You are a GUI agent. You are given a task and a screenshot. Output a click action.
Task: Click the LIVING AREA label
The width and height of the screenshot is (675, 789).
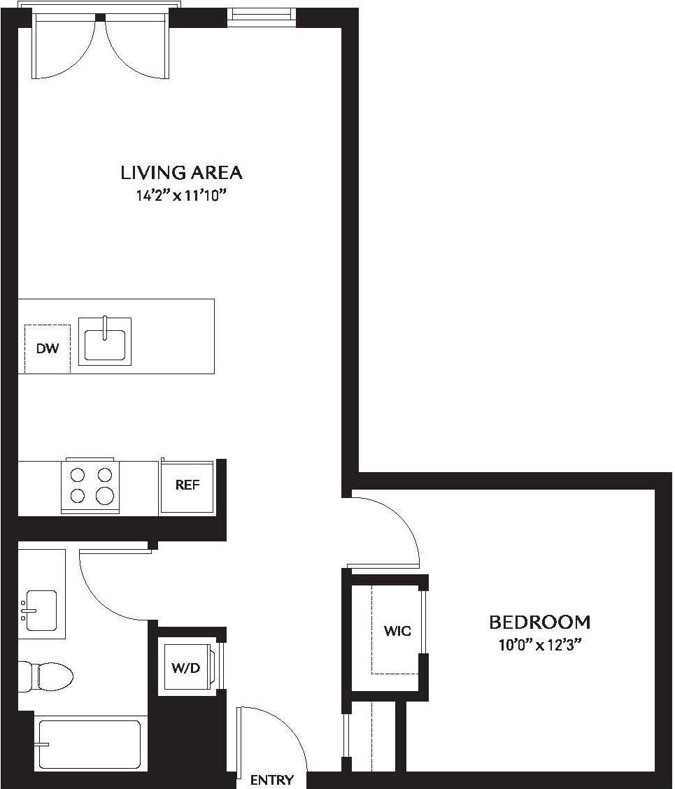(182, 172)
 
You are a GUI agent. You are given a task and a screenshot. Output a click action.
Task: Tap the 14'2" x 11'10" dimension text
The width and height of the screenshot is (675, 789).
(182, 197)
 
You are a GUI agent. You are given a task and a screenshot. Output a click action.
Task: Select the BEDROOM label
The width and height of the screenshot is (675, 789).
(539, 622)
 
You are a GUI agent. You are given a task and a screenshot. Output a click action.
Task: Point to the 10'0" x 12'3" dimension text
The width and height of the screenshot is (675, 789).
(539, 645)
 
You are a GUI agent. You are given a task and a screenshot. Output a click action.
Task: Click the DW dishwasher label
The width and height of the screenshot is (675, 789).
(47, 348)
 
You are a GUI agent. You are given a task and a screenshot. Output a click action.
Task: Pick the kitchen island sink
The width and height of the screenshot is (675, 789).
(105, 341)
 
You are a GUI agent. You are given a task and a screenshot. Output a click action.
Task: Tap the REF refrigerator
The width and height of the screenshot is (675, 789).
(187, 485)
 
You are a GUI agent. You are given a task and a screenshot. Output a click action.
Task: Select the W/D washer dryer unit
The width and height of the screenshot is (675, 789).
(185, 668)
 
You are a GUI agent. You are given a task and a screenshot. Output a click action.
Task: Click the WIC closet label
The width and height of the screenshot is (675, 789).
(397, 630)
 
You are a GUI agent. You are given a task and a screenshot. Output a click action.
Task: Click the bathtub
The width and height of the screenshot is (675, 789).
(89, 744)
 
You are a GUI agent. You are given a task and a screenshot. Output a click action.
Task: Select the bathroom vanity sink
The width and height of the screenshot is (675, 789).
(40, 610)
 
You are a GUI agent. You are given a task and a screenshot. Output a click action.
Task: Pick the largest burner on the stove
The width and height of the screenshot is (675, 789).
(105, 496)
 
